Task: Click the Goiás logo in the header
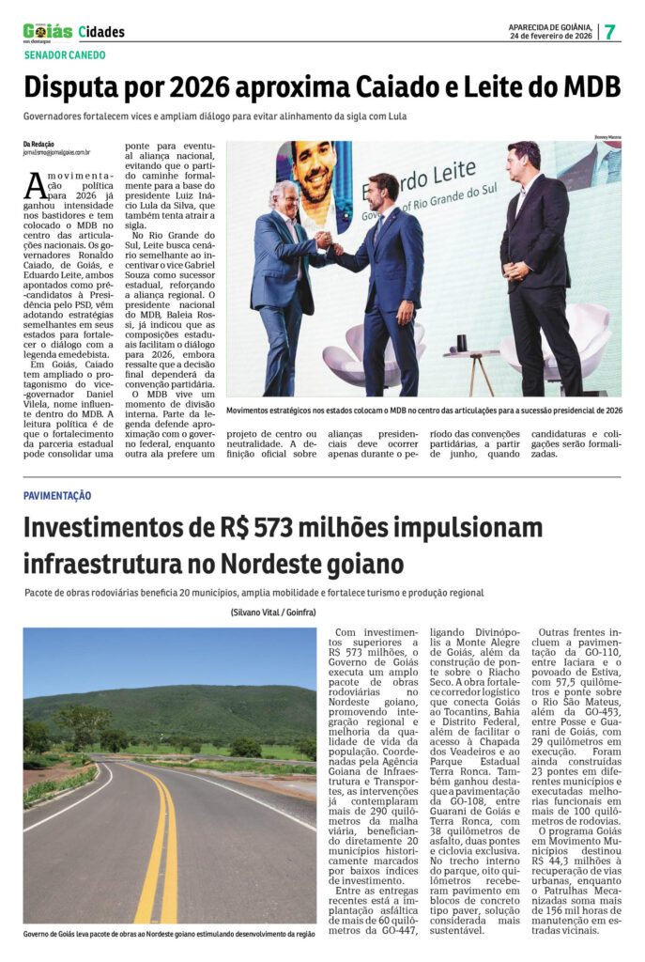47,31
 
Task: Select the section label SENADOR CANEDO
65,55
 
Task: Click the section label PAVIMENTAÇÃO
57,495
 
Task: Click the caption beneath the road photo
169,934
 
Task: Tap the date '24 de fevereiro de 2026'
551,36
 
